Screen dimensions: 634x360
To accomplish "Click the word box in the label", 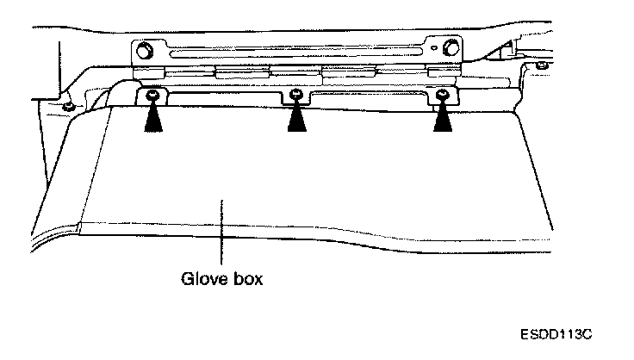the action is [246, 280].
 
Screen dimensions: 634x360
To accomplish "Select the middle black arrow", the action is [297, 118].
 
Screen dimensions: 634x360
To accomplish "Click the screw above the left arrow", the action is [152, 93].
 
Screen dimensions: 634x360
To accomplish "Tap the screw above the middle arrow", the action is [296, 94].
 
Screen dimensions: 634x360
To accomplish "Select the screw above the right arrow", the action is [443, 93].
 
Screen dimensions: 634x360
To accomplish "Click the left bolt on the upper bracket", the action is [144, 48].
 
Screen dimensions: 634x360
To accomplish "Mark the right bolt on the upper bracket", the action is [450, 48].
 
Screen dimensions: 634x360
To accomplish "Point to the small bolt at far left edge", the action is [66, 107].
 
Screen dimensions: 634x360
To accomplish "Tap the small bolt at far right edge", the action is [540, 65].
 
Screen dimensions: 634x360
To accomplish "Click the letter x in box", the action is [258, 280].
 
